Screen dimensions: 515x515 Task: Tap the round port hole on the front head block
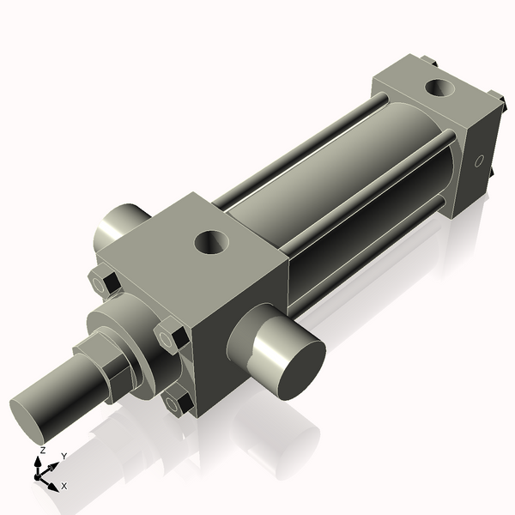pos(212,243)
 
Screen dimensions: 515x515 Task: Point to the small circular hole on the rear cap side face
pos(480,161)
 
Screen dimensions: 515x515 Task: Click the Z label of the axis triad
pos(42,450)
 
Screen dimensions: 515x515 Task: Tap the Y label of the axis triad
pos(64,455)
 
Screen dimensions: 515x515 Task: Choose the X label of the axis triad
pos(64,486)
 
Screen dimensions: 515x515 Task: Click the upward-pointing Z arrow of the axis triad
pos(38,463)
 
